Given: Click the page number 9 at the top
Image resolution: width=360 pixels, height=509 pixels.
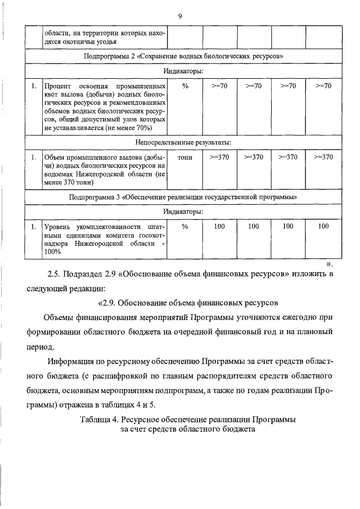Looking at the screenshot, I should point(179,16).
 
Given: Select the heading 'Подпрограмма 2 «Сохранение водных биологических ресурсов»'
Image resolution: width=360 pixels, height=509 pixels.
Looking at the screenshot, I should point(183,57).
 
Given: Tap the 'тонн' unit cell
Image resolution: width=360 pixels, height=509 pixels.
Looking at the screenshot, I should point(184,157).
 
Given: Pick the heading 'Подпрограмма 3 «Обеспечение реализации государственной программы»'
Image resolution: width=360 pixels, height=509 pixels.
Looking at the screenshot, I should point(183,197).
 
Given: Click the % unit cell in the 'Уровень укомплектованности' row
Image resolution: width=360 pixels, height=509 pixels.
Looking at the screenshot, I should point(184,226).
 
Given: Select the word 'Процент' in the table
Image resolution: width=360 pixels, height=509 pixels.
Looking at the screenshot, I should point(57,87).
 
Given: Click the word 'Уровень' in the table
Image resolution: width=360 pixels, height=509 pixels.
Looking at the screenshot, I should point(58,227).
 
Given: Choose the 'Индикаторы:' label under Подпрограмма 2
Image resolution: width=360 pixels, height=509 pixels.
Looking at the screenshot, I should point(183,71).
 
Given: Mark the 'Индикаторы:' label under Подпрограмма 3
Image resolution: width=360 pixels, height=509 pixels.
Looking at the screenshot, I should point(183,211).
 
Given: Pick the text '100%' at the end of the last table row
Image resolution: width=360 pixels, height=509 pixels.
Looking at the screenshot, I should point(52,252).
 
